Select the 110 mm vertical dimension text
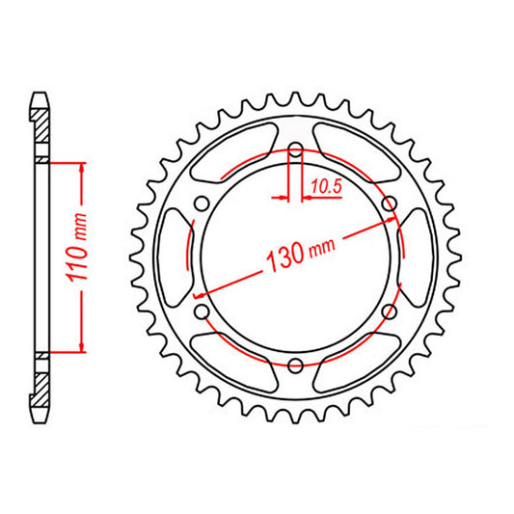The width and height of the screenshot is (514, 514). tap(82, 256)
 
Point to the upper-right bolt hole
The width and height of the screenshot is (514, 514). tap(390, 203)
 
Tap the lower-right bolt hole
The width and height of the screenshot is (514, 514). tap(390, 311)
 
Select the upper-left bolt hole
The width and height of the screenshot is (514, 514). tap(201, 203)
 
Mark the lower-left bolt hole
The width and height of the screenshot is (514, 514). tap(201, 311)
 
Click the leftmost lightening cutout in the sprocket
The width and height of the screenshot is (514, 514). tap(175, 257)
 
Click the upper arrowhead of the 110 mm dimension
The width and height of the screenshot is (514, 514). tap(83, 167)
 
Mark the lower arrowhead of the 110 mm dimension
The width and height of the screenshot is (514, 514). tap(83, 348)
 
